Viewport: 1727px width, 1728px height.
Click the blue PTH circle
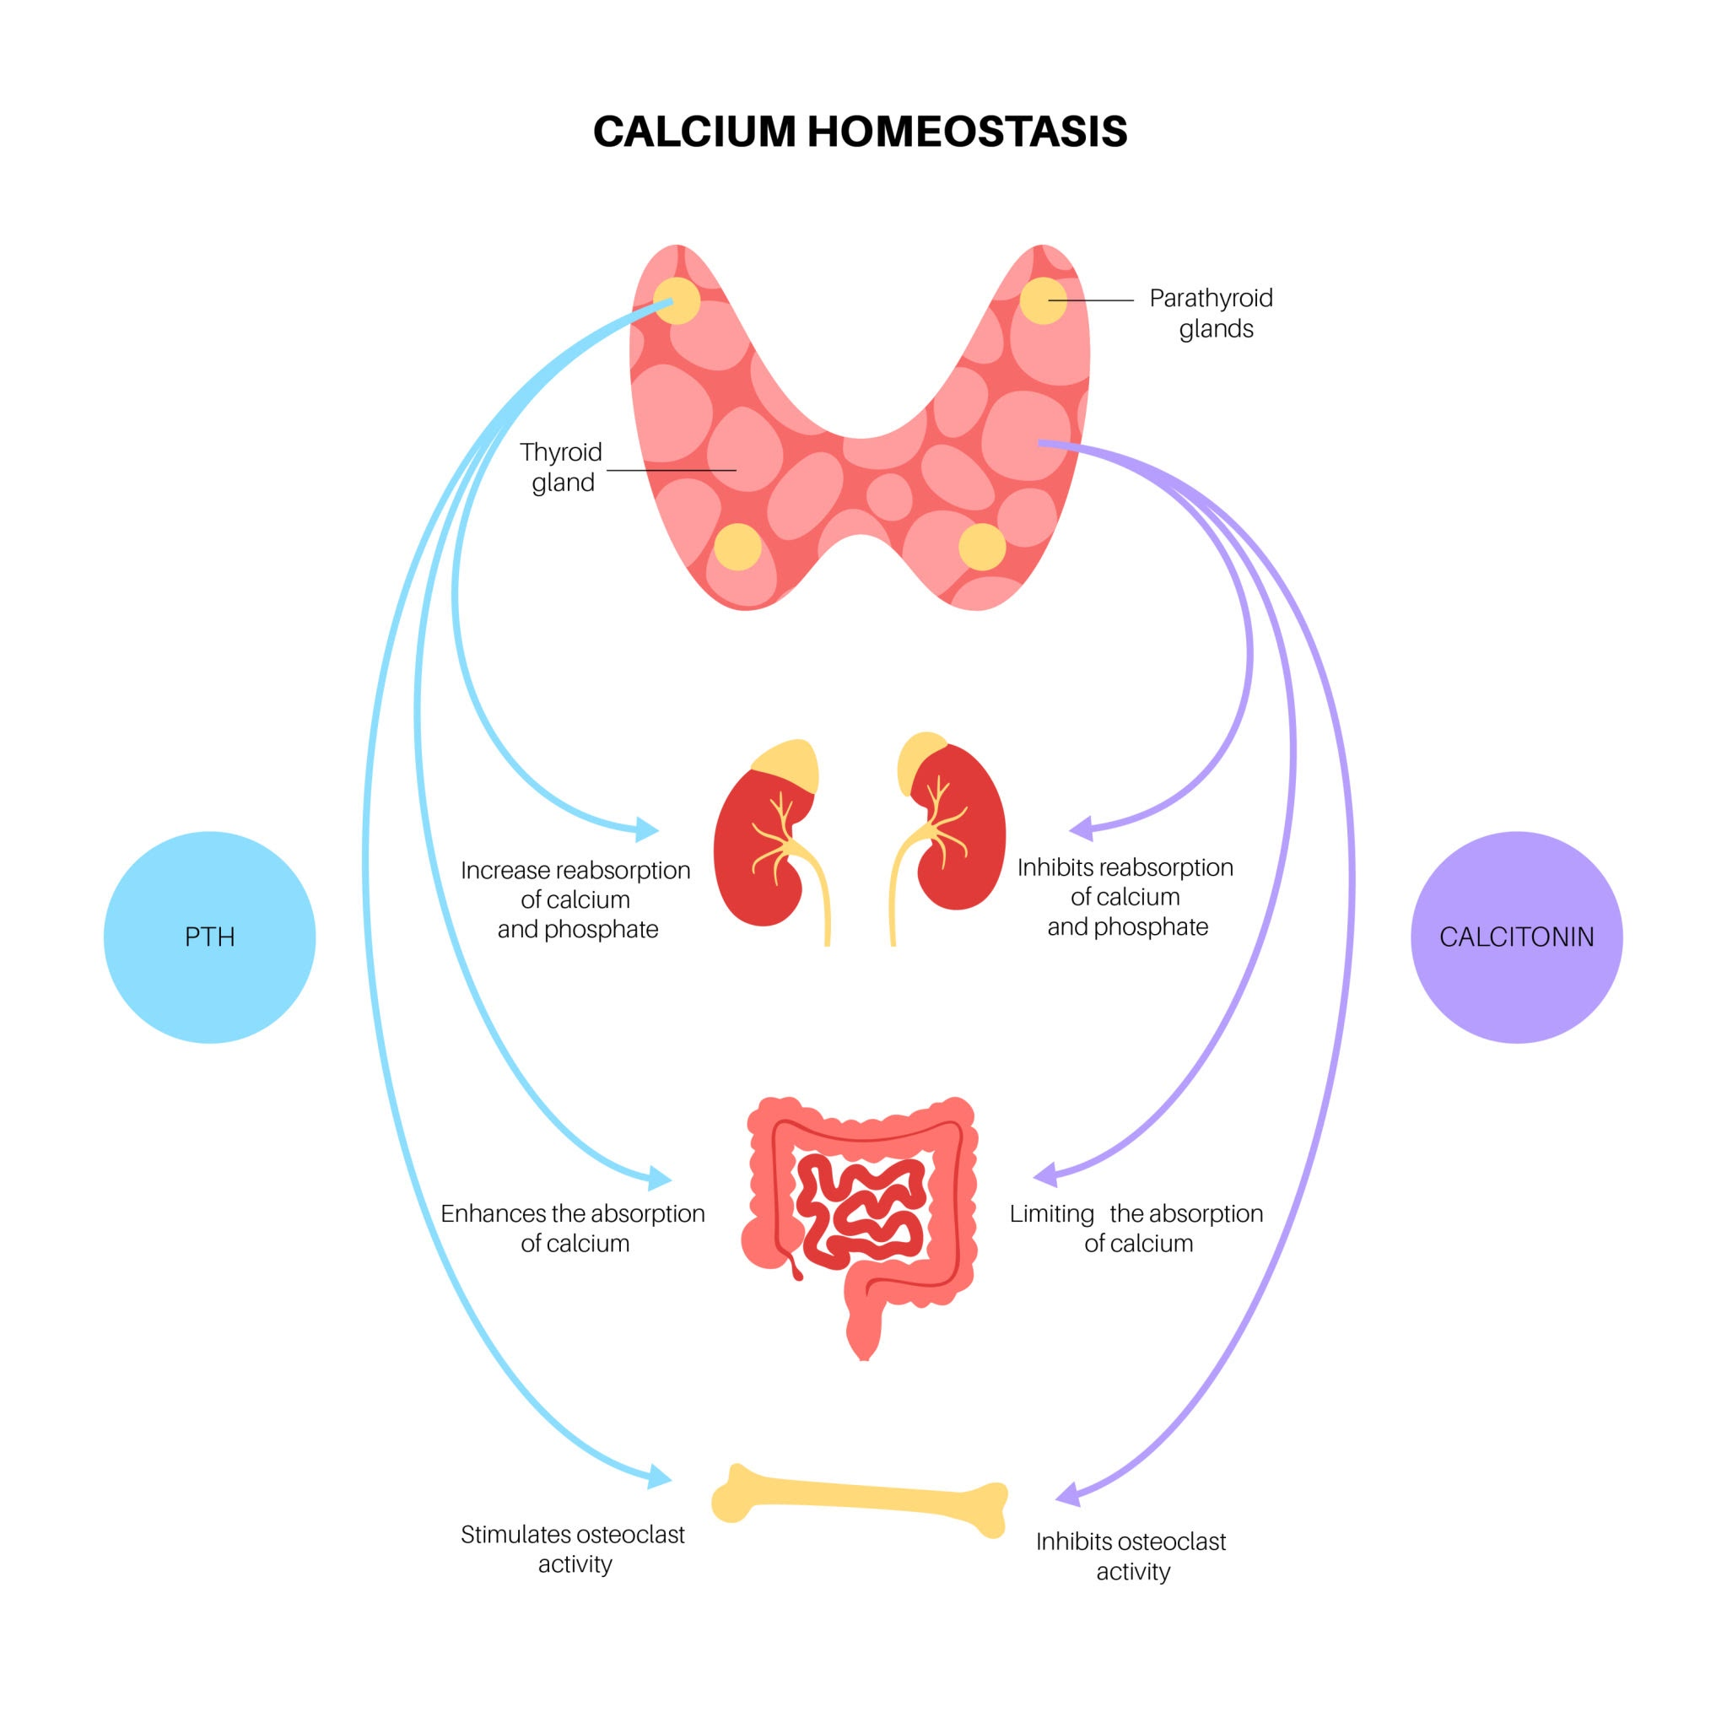[x=209, y=937]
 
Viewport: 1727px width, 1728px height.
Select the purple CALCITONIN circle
[x=1516, y=937]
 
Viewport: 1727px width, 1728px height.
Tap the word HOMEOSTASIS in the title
[x=967, y=132]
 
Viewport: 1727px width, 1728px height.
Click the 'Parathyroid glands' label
[x=1212, y=313]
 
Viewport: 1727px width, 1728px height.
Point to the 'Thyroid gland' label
[x=562, y=467]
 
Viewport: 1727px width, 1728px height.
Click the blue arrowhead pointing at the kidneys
[x=646, y=829]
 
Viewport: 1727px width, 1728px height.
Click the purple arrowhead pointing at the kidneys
[x=1082, y=828]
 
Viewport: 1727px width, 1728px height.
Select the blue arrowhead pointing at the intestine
[x=659, y=1177]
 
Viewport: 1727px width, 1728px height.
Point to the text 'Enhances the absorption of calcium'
[x=574, y=1228]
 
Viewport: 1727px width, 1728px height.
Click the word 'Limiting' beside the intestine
[x=1052, y=1213]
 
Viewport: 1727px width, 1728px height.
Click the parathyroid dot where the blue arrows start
[x=676, y=300]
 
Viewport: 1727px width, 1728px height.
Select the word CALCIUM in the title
[x=694, y=132]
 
